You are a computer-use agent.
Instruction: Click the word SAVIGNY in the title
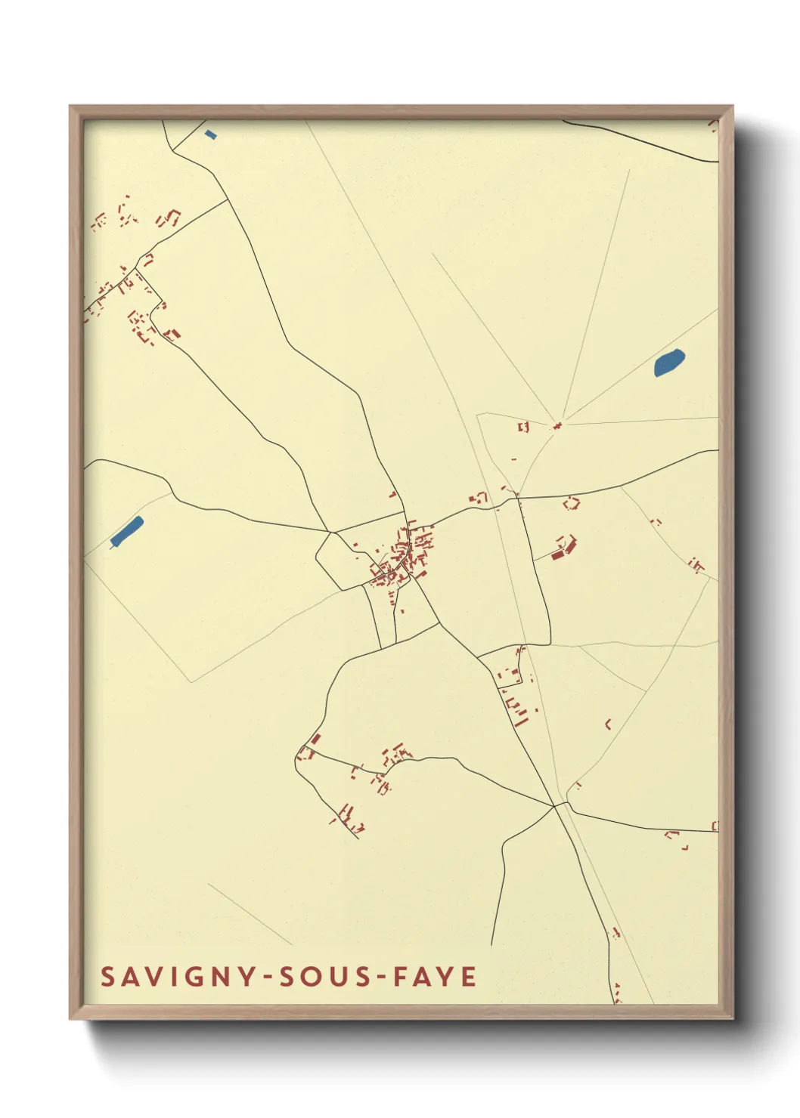(179, 977)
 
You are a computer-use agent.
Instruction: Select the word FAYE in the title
(433, 977)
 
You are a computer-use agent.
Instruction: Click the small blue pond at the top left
(210, 134)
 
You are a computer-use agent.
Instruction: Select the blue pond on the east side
(668, 363)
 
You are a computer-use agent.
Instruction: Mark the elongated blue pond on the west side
(126, 532)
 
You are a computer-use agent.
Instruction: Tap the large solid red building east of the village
(559, 555)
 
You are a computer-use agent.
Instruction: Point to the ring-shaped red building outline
(572, 502)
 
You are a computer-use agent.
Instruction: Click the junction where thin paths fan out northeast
(558, 425)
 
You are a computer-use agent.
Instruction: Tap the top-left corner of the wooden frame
(70, 107)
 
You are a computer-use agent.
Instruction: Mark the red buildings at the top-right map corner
(713, 125)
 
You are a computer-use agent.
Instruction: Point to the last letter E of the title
(468, 977)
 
